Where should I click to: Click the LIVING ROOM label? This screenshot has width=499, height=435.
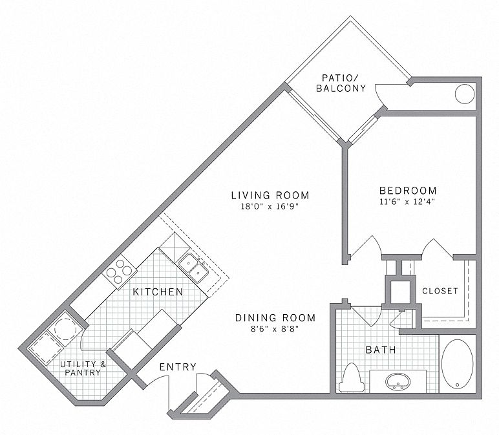point(270,195)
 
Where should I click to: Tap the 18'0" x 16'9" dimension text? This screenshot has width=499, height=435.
point(270,207)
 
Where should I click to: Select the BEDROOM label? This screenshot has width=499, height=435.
point(408,191)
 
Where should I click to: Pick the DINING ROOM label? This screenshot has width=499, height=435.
point(275,317)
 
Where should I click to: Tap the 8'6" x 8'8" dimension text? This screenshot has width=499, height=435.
point(275,329)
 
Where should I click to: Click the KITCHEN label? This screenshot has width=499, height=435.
point(158,292)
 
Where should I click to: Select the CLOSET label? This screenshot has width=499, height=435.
point(440,291)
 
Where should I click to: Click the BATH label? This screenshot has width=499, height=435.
point(381,350)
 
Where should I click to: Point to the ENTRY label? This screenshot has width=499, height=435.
point(177,367)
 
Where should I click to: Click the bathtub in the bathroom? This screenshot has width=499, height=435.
point(458,363)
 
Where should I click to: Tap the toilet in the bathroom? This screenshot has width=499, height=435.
point(352,377)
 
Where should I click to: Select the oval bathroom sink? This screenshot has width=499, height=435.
point(398,381)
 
